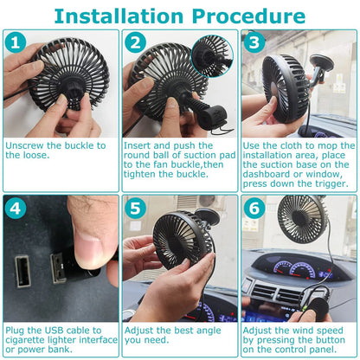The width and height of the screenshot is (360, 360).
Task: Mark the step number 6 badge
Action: [x=253, y=208]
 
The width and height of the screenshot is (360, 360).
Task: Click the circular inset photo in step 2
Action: [x=212, y=55]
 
